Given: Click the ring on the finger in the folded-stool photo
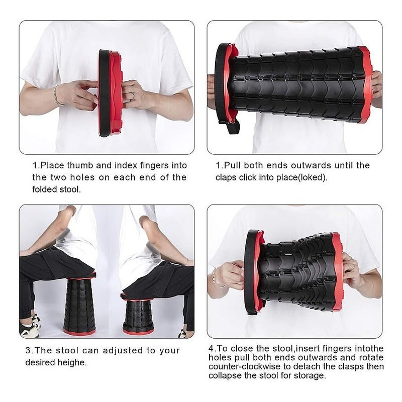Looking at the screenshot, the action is coord(133,96).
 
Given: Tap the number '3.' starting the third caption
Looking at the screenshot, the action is coord(29,350).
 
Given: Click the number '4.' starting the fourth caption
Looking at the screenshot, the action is coord(212,348).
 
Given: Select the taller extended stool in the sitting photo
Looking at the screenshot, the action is coord(79,304).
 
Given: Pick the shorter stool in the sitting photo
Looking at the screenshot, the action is coord(138,317).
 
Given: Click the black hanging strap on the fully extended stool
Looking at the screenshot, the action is coord(230,127).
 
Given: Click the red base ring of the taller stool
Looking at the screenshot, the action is coord(79,332).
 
